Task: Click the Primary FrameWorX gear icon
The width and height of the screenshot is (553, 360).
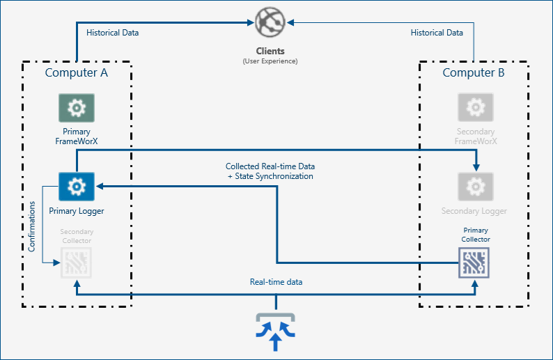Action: coord(76,108)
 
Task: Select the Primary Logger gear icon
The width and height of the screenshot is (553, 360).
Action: coord(76,187)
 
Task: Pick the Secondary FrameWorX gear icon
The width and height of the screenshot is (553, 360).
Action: coord(476,108)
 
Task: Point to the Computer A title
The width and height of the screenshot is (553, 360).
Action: coord(76,72)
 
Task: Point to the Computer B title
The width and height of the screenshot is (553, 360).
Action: coord(474,72)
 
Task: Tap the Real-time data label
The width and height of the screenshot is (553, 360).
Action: coord(276,282)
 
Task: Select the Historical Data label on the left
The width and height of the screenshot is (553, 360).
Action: coord(112,33)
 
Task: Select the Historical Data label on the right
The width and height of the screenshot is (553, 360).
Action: coord(437,33)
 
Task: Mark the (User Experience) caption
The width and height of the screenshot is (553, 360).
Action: coord(270,61)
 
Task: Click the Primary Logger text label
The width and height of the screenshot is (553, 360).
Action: coord(76,210)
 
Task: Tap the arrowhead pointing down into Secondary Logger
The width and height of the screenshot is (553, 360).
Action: coord(476,168)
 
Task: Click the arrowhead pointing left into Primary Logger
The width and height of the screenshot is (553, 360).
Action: coord(100,187)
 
